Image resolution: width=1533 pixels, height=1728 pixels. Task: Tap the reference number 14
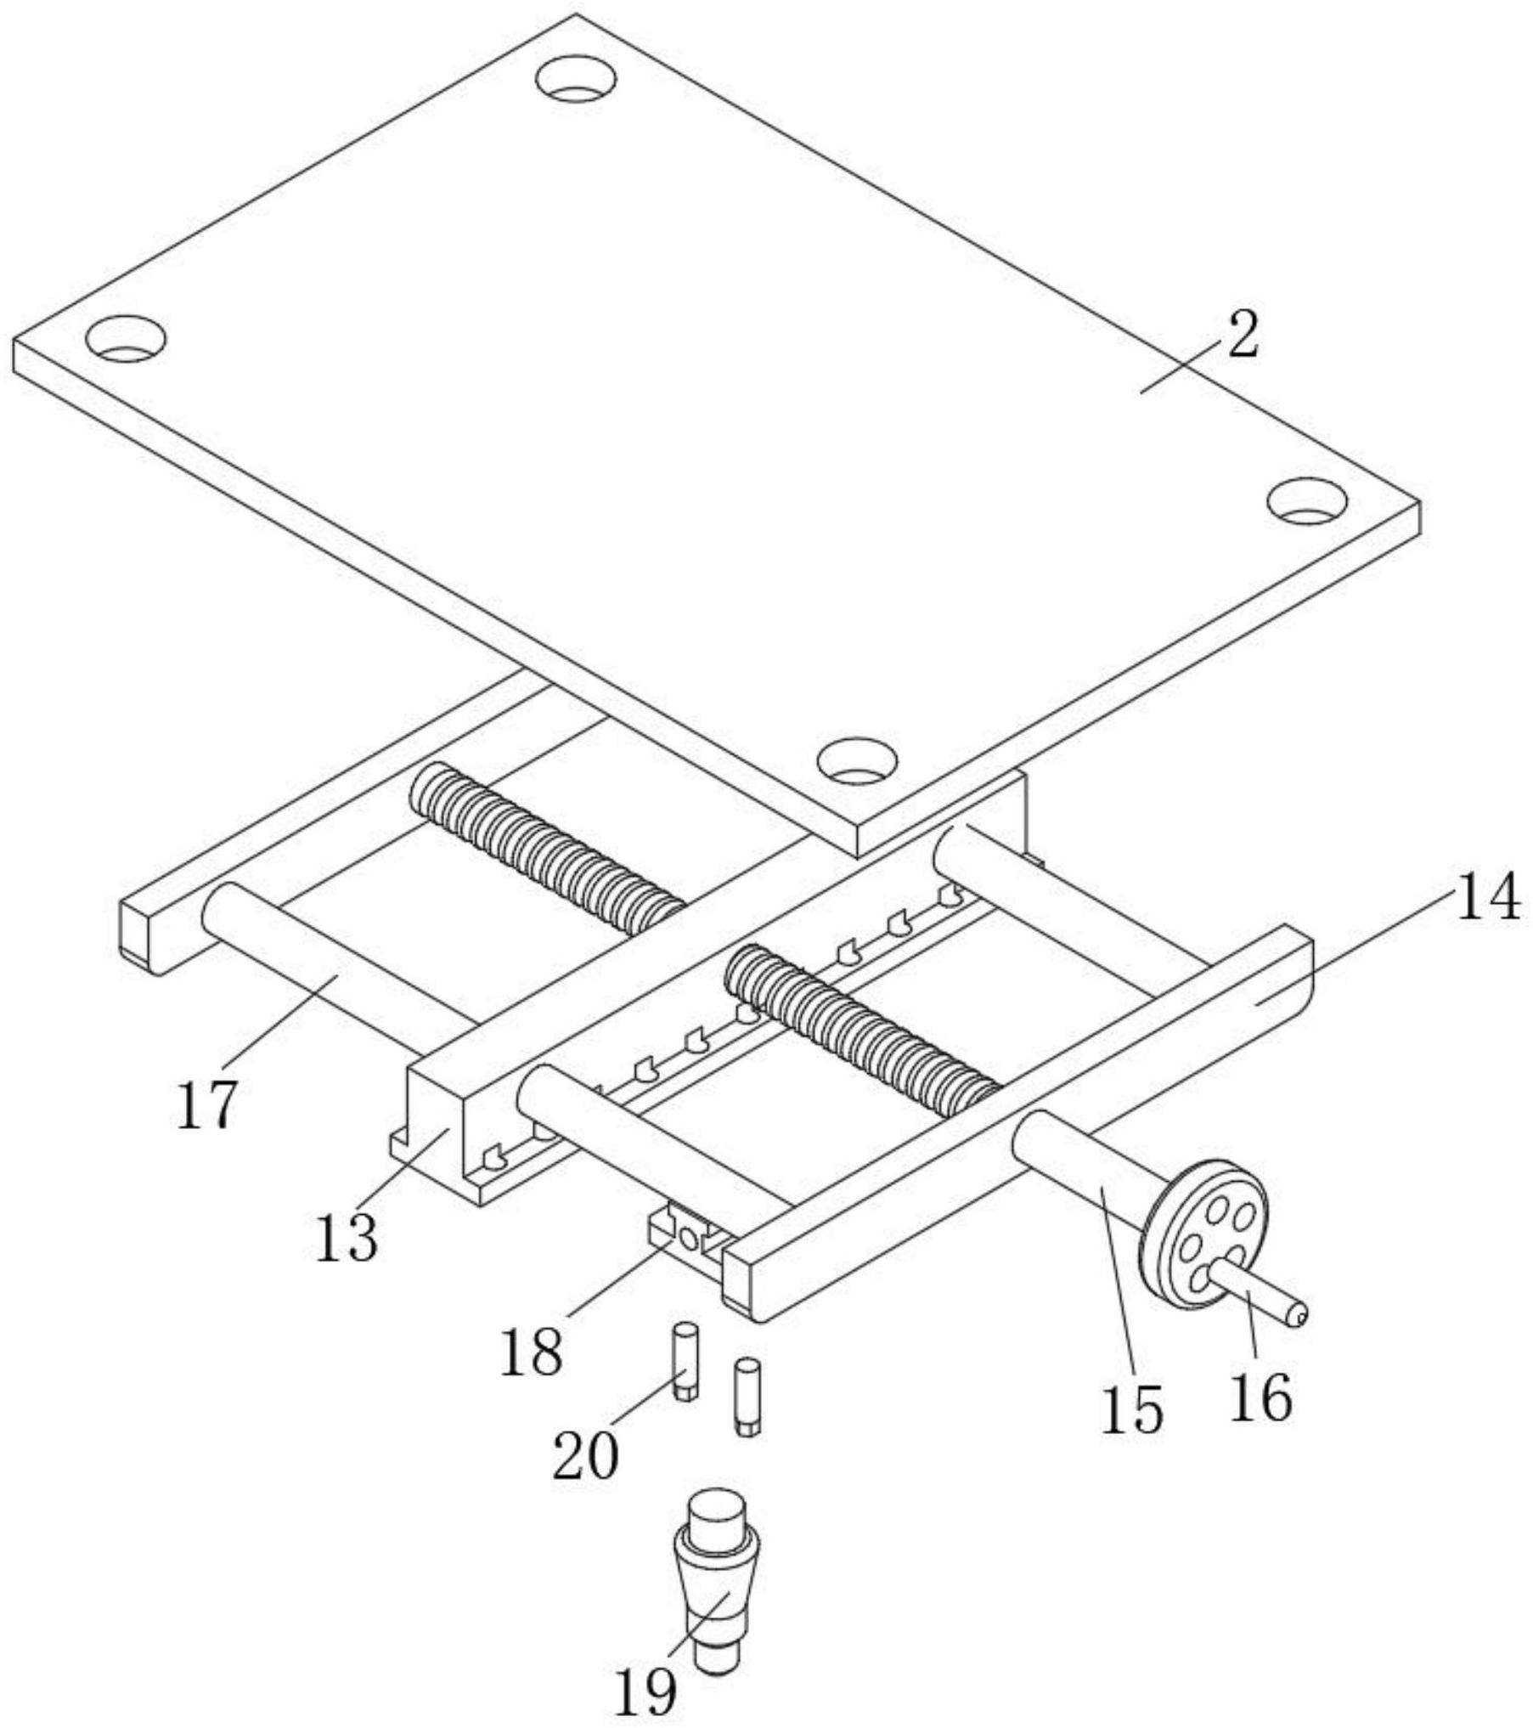(x=1487, y=898)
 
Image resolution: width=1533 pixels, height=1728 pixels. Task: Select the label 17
(x=206, y=1105)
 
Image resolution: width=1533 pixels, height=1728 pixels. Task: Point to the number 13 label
(x=347, y=1238)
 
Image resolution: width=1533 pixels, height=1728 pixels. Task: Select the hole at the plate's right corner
(x=1307, y=500)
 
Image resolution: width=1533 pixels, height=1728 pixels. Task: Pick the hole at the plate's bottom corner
(x=857, y=760)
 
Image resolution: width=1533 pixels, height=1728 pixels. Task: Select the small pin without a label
(x=747, y=1398)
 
